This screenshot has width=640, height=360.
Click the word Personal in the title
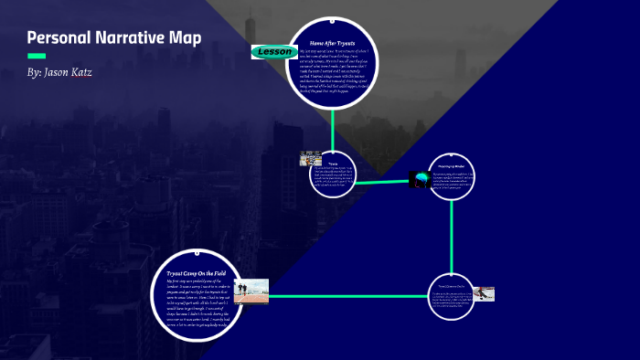point(57,38)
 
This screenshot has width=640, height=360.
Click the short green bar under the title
point(37,56)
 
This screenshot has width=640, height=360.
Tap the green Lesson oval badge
point(273,52)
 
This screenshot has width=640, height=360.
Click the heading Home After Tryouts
point(332,42)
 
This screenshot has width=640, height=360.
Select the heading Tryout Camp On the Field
point(197,272)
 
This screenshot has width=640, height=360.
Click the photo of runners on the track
point(251,291)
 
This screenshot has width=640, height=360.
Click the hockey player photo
point(483,294)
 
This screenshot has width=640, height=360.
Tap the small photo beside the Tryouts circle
point(310,159)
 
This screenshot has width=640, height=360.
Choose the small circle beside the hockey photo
point(452,296)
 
